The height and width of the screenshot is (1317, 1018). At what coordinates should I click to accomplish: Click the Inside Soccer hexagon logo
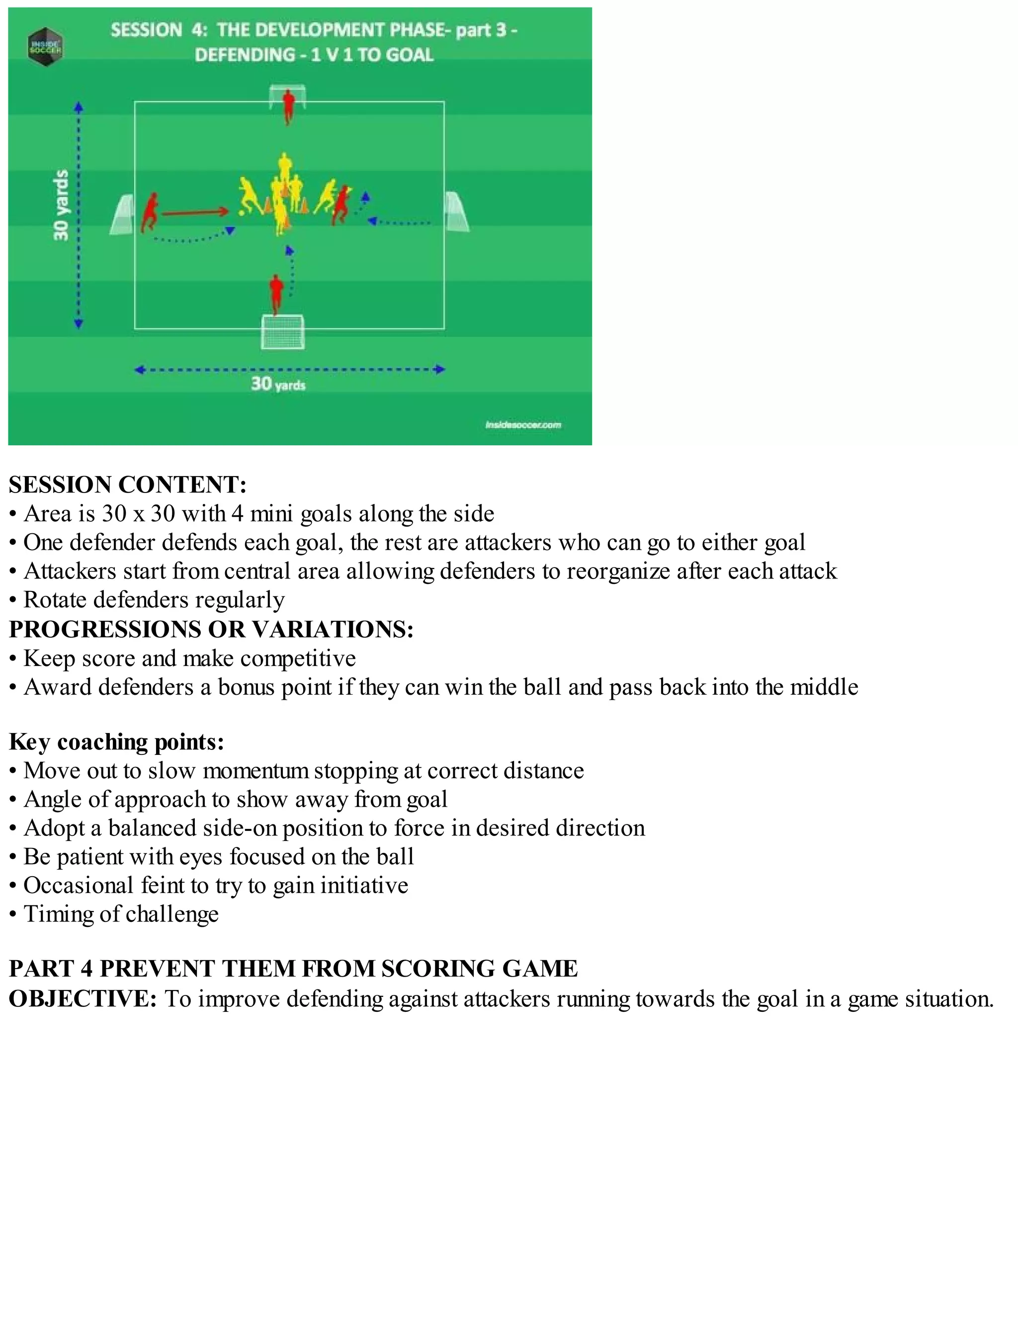point(45,46)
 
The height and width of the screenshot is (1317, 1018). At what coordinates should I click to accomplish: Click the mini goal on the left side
point(122,215)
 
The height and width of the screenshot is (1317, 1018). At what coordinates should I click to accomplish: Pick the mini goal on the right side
point(456,212)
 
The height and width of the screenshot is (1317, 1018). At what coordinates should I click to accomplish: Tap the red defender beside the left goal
point(150,213)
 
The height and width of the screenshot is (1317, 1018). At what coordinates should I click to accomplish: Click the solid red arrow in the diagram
point(195,212)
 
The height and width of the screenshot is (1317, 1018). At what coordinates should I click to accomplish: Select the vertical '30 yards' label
point(61,205)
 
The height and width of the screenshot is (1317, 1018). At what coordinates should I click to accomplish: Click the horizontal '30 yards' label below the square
point(278,384)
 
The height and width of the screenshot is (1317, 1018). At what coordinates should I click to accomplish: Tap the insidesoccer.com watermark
point(523,425)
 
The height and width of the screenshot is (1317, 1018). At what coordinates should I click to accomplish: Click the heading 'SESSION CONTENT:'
point(128,485)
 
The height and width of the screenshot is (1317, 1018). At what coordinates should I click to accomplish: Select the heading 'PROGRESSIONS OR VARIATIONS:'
point(211,629)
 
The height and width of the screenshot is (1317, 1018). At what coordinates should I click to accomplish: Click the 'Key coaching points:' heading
point(116,741)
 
